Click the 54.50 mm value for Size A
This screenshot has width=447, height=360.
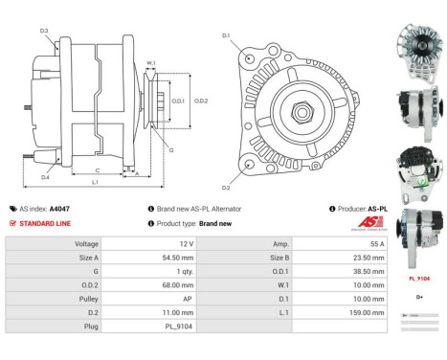pos(177,258)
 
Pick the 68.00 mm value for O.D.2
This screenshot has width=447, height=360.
pos(177,285)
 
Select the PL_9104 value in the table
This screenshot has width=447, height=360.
pos(178,326)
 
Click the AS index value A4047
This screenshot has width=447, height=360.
pos(59,208)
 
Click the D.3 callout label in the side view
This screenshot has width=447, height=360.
pos(44,32)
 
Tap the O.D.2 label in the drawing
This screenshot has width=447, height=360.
pos(202,101)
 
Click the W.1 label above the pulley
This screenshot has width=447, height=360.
pos(150,64)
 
